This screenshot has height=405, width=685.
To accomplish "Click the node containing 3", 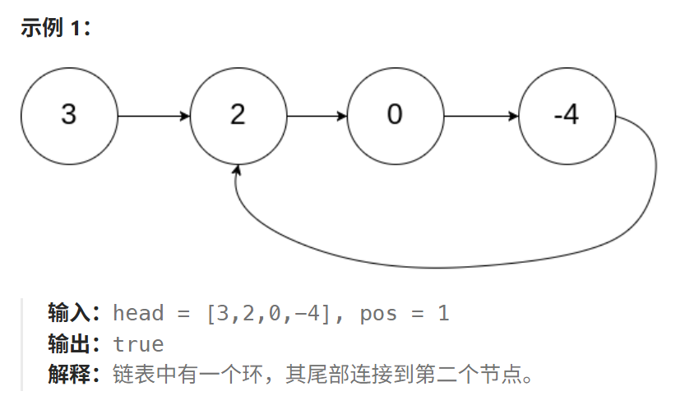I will point(69,115).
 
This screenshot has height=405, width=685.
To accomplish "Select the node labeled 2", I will point(238,115).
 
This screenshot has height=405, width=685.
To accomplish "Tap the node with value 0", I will point(395,115).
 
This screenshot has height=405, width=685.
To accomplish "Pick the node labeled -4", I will point(567,115).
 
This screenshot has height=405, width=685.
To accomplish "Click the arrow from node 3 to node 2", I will point(154,116).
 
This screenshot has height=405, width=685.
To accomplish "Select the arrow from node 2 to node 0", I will point(317,116).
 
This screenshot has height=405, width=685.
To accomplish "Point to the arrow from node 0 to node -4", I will point(481,116).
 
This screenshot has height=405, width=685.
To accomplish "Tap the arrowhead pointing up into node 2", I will point(238,171).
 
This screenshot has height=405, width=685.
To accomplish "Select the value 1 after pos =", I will point(443,313).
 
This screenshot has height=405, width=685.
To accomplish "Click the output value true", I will point(138,344).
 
